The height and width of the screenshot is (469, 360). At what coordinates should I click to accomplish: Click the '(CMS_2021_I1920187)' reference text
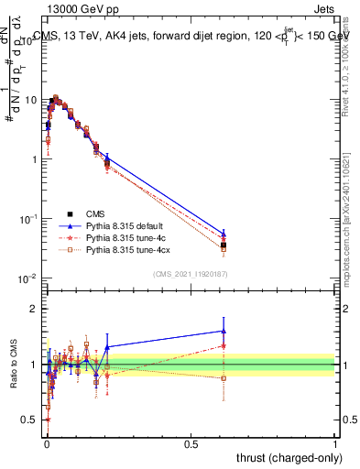click(191, 273)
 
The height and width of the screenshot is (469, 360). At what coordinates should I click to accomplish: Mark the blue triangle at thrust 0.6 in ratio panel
click(224, 331)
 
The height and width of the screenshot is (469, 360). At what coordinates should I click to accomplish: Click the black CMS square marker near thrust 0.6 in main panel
click(224, 245)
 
